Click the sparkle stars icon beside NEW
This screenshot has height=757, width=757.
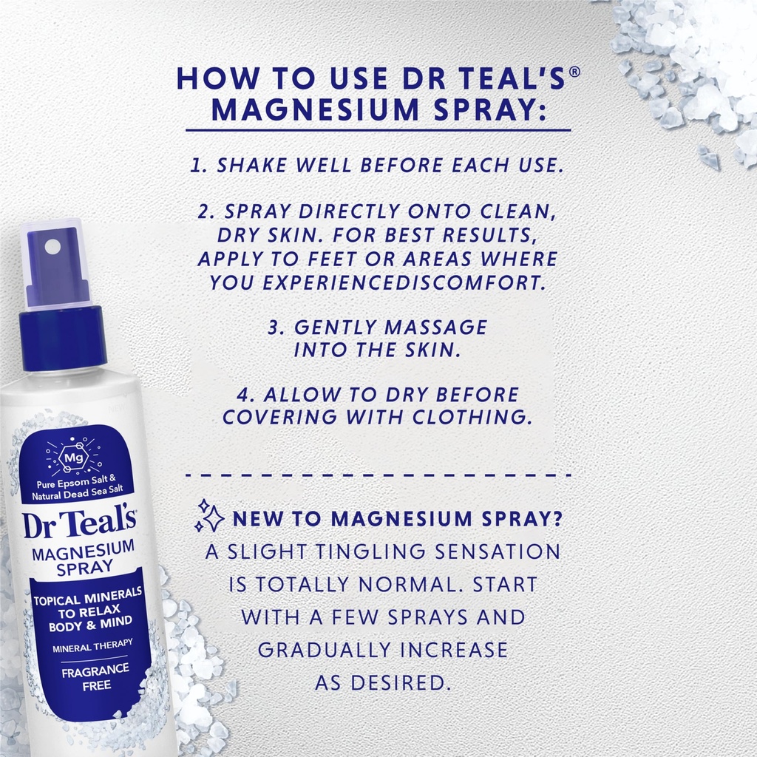(x=209, y=515)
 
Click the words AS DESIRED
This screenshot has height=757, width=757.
(x=382, y=682)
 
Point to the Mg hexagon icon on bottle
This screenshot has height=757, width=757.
(x=71, y=457)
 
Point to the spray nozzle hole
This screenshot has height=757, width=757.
(x=53, y=246)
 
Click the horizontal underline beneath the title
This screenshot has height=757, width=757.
(x=378, y=131)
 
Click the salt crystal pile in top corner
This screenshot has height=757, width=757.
(x=695, y=67)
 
